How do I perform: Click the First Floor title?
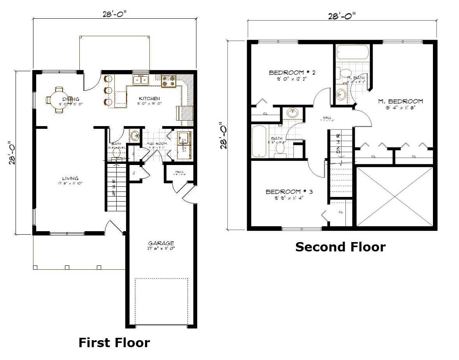[x=114, y=342]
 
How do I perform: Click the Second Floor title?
[x=340, y=247]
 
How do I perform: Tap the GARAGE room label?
[x=161, y=243]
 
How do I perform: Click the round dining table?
[x=58, y=100]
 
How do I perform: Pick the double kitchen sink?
[x=141, y=80]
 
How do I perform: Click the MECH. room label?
[x=179, y=172]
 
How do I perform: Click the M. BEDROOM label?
[x=400, y=102]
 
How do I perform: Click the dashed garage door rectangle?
[x=161, y=301]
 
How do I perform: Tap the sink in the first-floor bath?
[x=135, y=136]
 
